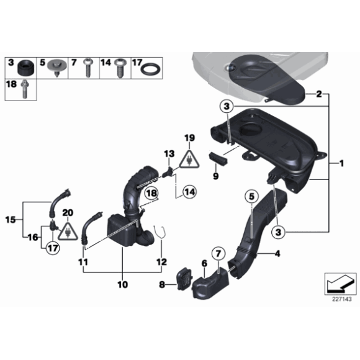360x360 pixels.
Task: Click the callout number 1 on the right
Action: coord(340,164)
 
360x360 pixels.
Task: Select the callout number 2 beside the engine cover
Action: coord(318,95)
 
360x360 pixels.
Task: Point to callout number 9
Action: coord(216,177)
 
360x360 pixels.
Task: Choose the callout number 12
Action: coord(162,263)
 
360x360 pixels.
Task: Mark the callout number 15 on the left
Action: coord(9,219)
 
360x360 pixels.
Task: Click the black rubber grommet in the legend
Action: coord(27,65)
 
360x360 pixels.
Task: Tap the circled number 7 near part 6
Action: coord(218,253)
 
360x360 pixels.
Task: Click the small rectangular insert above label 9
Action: coord(218,158)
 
